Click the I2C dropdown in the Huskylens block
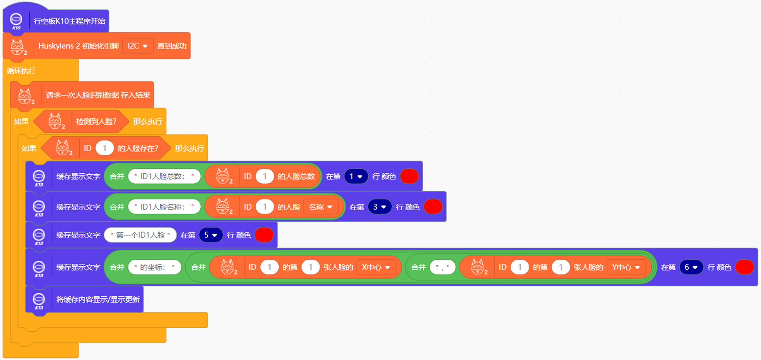pyautogui.click(x=137, y=46)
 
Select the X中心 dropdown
pyautogui.click(x=376, y=267)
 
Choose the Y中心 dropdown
pyautogui.click(x=626, y=267)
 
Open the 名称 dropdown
pyautogui.click(x=320, y=207)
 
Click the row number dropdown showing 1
pyautogui.click(x=356, y=176)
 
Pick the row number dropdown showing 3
pyautogui.click(x=379, y=207)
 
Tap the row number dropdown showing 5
pyautogui.click(x=211, y=235)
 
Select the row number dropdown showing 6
pyautogui.click(x=691, y=267)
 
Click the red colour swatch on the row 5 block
pyautogui.click(x=264, y=235)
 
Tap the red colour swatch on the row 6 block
pyautogui.click(x=744, y=267)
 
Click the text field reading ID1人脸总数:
pyautogui.click(x=164, y=176)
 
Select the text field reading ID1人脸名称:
pyautogui.click(x=164, y=207)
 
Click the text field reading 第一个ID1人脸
pyautogui.click(x=140, y=235)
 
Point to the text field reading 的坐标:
pyautogui.click(x=154, y=267)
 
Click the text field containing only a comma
pyautogui.click(x=442, y=267)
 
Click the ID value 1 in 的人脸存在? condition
pyautogui.click(x=104, y=148)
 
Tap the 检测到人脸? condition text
pyautogui.click(x=96, y=122)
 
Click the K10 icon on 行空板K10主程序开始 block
pyautogui.click(x=16, y=21)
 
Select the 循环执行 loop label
pyautogui.click(x=21, y=71)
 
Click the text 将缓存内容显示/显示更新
pyautogui.click(x=98, y=299)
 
